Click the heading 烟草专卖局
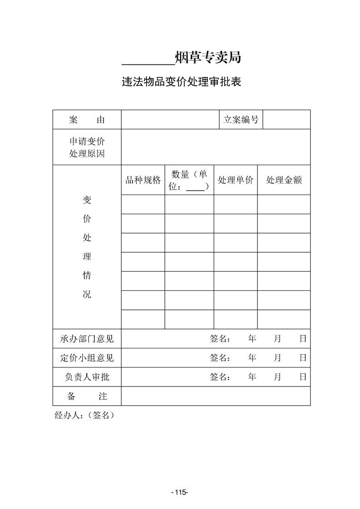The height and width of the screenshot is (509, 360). [x=207, y=58]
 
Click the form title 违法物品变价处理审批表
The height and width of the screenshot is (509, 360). [x=180, y=82]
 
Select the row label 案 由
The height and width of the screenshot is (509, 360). [x=87, y=120]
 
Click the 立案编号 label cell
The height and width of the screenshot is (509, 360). [x=241, y=120]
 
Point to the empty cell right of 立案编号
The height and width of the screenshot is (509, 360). [x=286, y=120]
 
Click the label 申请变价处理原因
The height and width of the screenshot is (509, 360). [x=87, y=147]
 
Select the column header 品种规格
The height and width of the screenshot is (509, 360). [x=143, y=180]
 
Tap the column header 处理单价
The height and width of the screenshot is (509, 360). [x=236, y=180]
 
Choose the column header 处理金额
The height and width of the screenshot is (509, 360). [x=284, y=180]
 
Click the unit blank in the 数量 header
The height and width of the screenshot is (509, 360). [x=195, y=187]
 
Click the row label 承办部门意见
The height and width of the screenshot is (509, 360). [x=87, y=339]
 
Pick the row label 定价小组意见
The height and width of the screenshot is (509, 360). [x=87, y=358]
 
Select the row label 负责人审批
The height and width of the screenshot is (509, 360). [x=87, y=377]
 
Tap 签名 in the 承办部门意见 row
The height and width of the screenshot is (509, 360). [x=220, y=339]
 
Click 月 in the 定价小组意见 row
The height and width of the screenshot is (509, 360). [x=277, y=358]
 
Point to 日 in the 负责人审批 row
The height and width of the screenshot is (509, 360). [x=303, y=377]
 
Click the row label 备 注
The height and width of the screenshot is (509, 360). [x=87, y=396]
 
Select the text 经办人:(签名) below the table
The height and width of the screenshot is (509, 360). [x=84, y=415]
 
